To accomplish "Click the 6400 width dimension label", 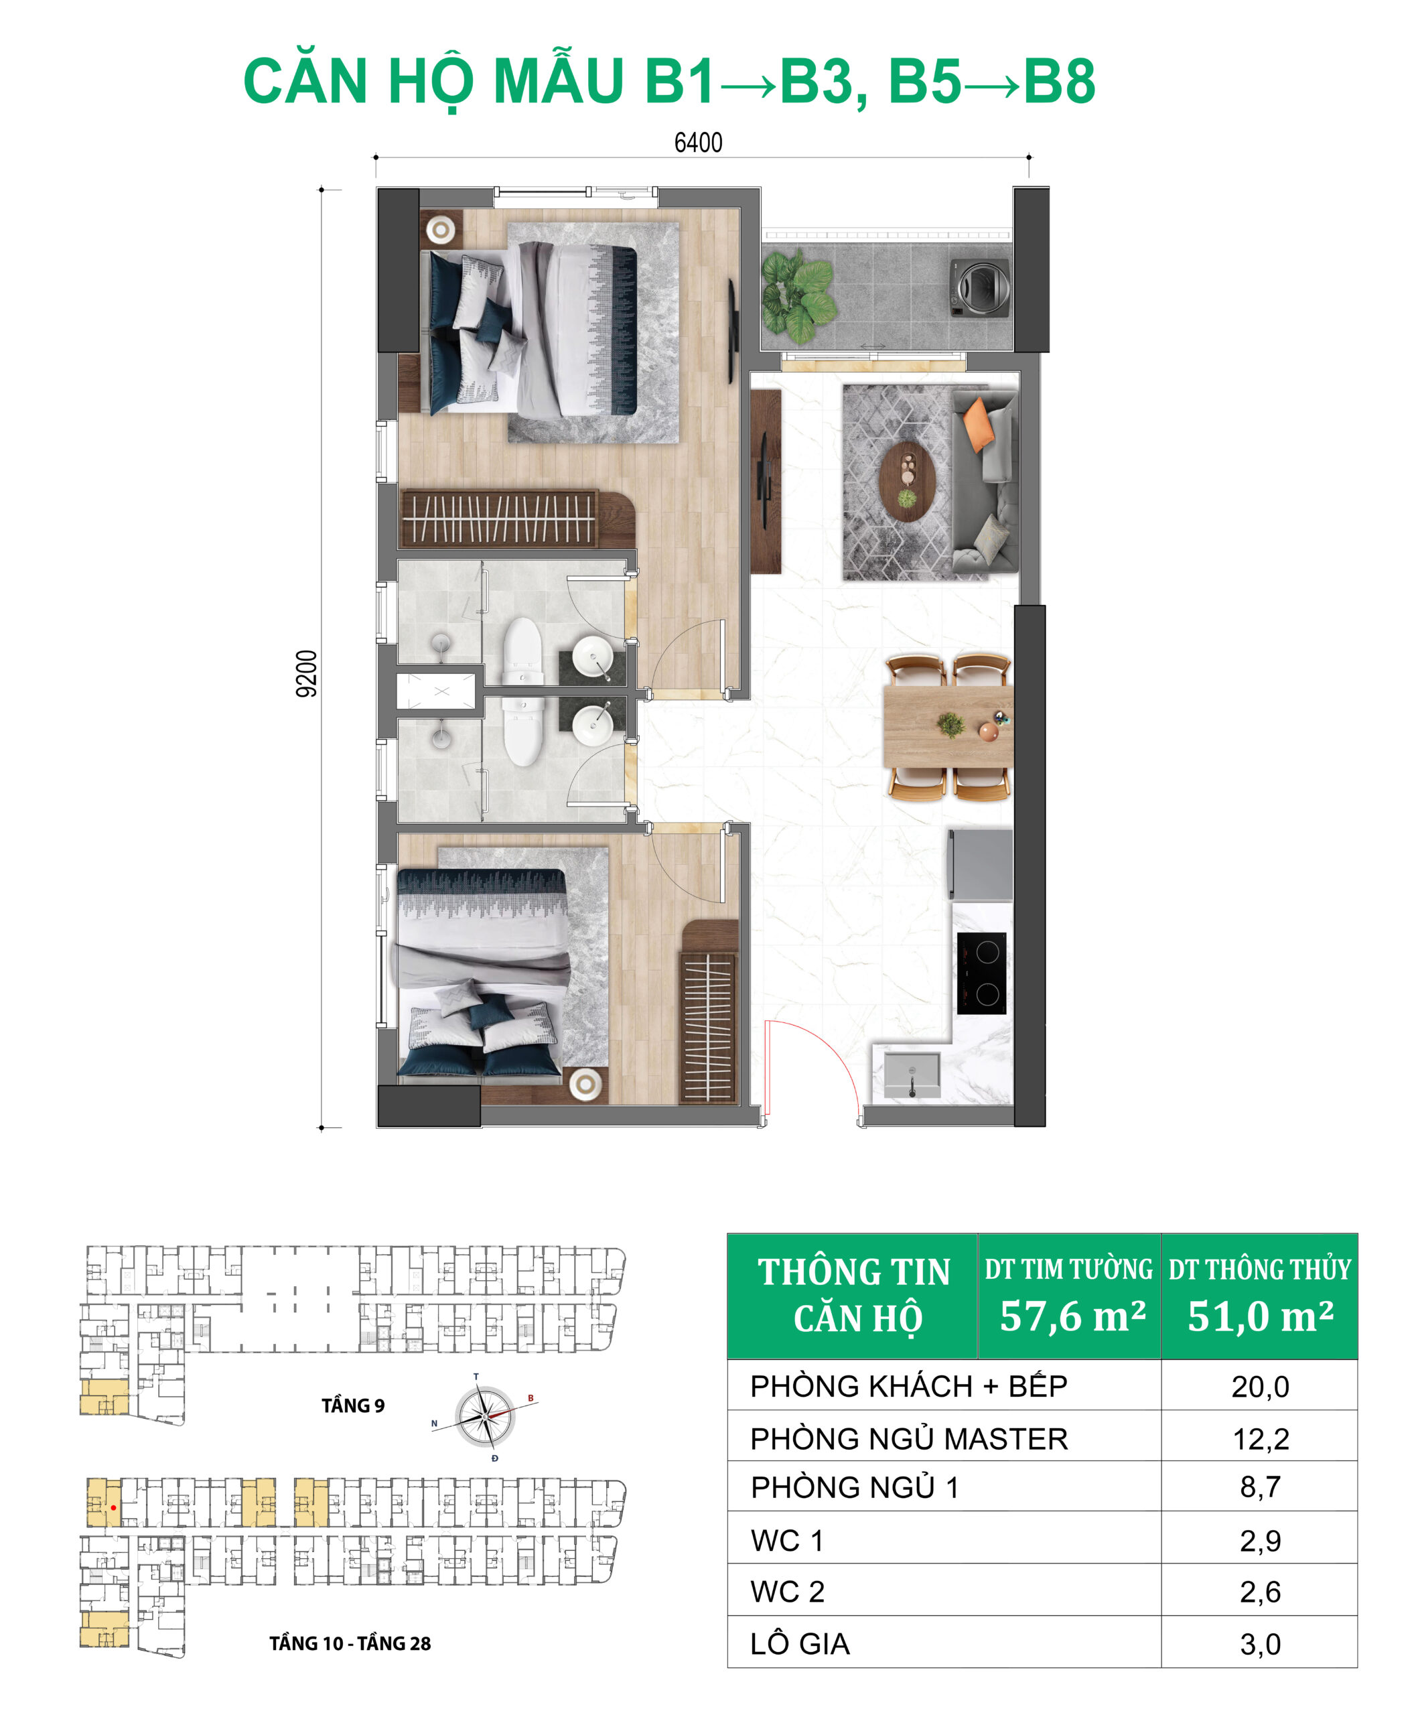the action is pyautogui.click(x=698, y=143).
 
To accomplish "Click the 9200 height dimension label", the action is pyautogui.click(x=306, y=673).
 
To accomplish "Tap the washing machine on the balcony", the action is pyautogui.click(x=981, y=287).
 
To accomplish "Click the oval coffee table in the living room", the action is pyautogui.click(x=908, y=482).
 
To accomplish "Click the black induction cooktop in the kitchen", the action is pyautogui.click(x=981, y=973).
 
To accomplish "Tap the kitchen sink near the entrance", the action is pyautogui.click(x=912, y=1075).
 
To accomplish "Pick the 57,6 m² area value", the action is pyautogui.click(x=1072, y=1316).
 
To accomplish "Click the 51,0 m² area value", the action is pyautogui.click(x=1259, y=1316).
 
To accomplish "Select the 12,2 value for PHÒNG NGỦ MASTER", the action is pyautogui.click(x=1260, y=1440).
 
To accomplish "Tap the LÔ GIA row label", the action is pyautogui.click(x=800, y=1644).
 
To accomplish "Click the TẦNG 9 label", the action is pyautogui.click(x=353, y=1405).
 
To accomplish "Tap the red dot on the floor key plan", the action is pyautogui.click(x=113, y=1508).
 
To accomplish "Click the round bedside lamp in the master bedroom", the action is pyautogui.click(x=441, y=230).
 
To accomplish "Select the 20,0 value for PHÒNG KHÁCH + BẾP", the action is pyautogui.click(x=1260, y=1387).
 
